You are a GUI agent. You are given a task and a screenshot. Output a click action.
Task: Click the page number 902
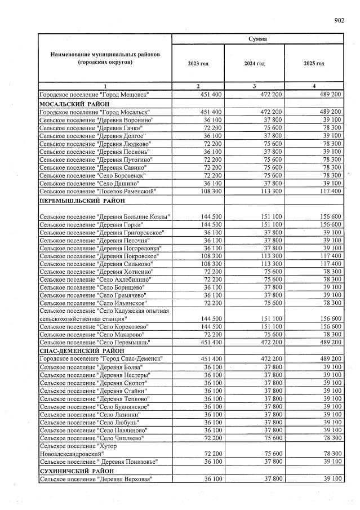point(339,20)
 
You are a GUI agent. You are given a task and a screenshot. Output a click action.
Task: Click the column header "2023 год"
point(198,64)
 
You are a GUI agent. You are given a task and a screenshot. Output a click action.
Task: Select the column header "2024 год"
point(254,64)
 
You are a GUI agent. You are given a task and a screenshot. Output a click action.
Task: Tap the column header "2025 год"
point(314,64)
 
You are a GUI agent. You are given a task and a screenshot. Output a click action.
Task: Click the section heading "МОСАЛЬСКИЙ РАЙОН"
point(74,104)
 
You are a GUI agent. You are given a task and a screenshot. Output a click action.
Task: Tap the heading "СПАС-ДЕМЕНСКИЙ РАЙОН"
point(81,351)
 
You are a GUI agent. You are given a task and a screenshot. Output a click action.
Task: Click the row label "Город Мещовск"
point(94,96)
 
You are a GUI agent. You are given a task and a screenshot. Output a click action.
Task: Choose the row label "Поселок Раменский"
point(96,192)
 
